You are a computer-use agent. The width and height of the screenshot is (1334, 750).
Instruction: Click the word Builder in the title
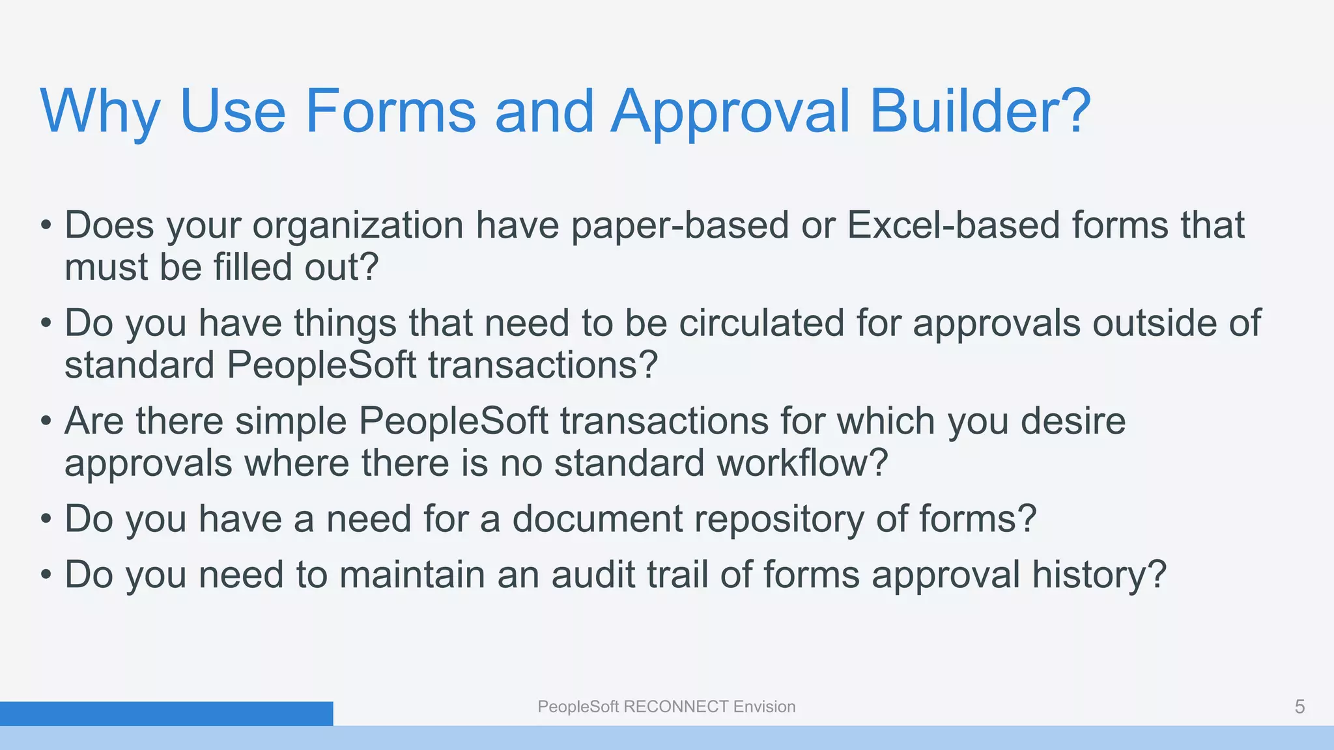click(x=980, y=111)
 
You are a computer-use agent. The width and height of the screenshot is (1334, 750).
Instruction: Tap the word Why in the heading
click(x=100, y=111)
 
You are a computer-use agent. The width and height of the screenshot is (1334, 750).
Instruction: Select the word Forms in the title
click(x=390, y=111)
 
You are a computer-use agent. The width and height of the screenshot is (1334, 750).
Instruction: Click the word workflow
click(x=802, y=463)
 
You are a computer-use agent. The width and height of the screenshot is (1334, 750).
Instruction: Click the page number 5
click(x=1299, y=707)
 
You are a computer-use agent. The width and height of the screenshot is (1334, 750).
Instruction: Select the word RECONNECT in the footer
click(x=676, y=707)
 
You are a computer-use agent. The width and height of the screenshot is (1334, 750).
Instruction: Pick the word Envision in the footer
click(x=764, y=707)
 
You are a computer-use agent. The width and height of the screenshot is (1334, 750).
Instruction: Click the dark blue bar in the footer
click(x=166, y=714)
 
